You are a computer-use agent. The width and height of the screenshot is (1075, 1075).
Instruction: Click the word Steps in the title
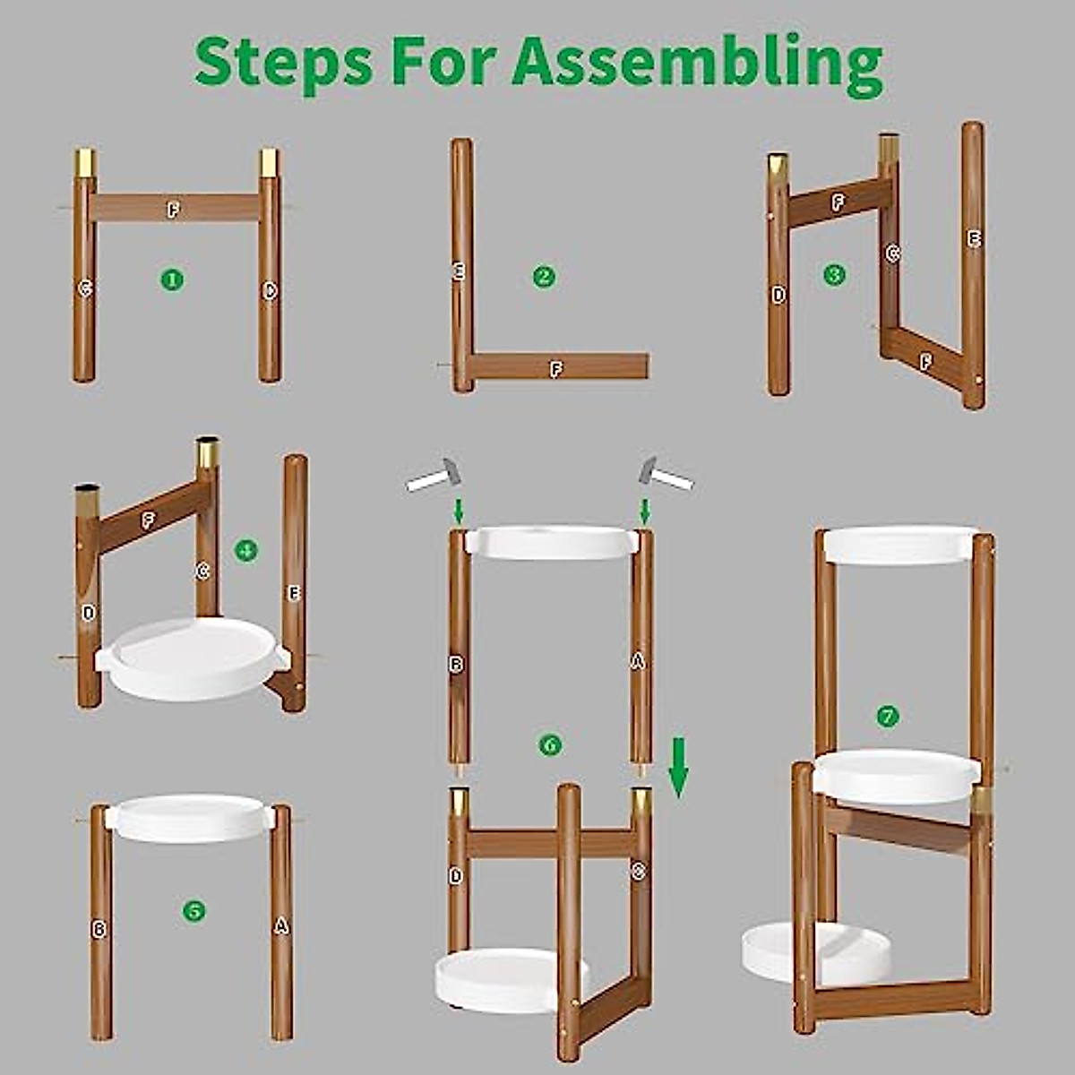[282, 61]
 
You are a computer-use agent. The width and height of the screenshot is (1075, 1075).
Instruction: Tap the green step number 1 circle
[172, 279]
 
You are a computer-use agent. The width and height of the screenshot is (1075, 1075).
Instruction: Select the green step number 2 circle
[544, 277]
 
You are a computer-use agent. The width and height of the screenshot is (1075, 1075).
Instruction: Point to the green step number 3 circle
[834, 274]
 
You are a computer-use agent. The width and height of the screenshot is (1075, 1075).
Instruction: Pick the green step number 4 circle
[246, 550]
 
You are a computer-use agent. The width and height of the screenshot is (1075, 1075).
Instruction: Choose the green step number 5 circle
[193, 911]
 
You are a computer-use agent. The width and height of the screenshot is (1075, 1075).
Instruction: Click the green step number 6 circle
[549, 744]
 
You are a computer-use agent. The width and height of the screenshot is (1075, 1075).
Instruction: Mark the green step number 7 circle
[887, 716]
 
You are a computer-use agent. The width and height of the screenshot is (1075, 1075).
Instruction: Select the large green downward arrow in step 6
[679, 767]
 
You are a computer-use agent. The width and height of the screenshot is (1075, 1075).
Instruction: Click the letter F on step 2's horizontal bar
[556, 368]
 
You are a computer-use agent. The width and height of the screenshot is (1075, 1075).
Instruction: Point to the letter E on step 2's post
[460, 271]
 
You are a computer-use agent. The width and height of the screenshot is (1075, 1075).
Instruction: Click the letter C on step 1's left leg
[85, 288]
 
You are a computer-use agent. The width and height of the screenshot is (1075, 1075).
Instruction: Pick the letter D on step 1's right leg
[270, 290]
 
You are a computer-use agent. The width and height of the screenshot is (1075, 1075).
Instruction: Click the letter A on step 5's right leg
[280, 926]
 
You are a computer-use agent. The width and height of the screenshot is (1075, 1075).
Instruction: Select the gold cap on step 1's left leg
[85, 163]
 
